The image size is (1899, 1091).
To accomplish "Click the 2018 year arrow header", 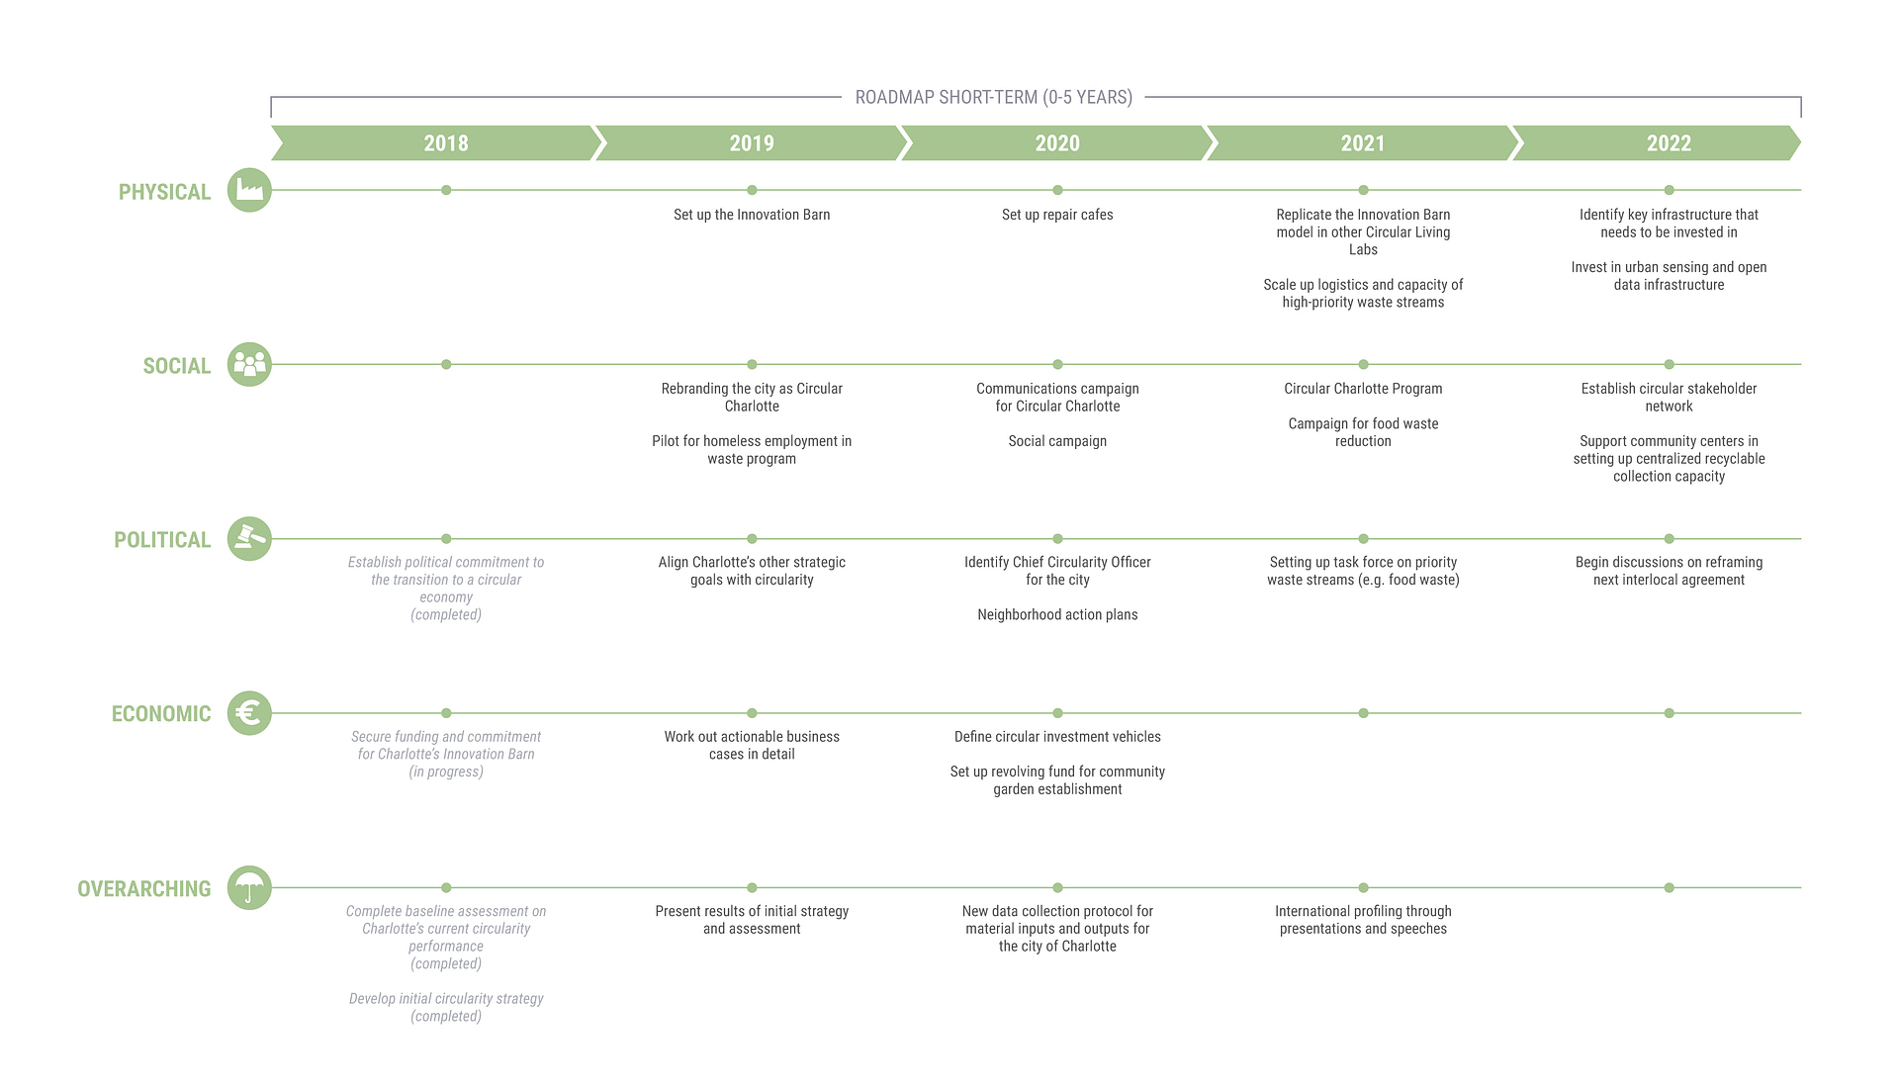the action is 436,143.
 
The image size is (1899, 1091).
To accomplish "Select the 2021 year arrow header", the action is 1363,143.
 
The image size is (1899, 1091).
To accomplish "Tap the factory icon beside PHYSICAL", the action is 249,190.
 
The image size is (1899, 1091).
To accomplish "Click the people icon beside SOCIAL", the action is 249,364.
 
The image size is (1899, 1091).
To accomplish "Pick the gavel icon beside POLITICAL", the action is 249,539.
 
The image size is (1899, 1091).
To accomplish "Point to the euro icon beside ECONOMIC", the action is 249,713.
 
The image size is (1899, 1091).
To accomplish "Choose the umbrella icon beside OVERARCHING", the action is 249,888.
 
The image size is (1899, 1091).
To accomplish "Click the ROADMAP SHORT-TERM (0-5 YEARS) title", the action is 994,97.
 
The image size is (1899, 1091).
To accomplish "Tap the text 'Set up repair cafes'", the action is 1057,215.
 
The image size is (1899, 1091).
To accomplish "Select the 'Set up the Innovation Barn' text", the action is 752,215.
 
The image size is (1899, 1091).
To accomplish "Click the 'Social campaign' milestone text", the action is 1057,441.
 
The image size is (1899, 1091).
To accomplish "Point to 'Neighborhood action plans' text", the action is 1057,614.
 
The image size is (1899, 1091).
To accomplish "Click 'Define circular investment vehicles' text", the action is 1057,737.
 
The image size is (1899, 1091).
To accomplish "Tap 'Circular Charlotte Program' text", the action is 1363,389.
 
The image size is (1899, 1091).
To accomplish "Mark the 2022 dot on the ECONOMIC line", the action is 1669,713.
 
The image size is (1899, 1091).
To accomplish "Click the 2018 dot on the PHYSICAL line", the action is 446,190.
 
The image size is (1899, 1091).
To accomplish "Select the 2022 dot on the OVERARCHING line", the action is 1669,888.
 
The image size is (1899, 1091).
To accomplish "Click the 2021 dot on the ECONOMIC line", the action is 1363,713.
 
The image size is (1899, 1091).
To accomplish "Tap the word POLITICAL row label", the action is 162,540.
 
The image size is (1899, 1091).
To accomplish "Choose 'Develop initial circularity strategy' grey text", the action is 446,999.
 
